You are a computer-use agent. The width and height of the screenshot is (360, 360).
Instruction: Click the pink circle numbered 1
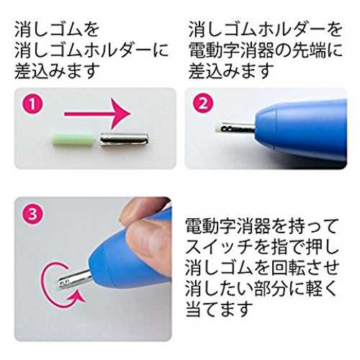pos(32,104)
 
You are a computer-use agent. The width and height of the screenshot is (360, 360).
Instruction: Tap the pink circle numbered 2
pos(203,104)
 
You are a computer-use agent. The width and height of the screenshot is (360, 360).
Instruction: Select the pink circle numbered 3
pos(32,214)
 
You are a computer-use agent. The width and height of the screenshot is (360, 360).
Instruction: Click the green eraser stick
pos(73,140)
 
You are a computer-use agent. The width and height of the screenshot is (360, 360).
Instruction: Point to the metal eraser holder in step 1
pos(124,140)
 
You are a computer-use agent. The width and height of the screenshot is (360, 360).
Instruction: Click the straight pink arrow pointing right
pos(98,114)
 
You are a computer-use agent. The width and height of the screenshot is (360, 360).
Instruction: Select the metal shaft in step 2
pos(237,128)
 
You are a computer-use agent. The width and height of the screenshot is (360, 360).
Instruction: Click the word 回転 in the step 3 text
pos(287,267)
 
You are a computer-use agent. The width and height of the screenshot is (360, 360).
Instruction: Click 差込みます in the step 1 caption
pos(57,71)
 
